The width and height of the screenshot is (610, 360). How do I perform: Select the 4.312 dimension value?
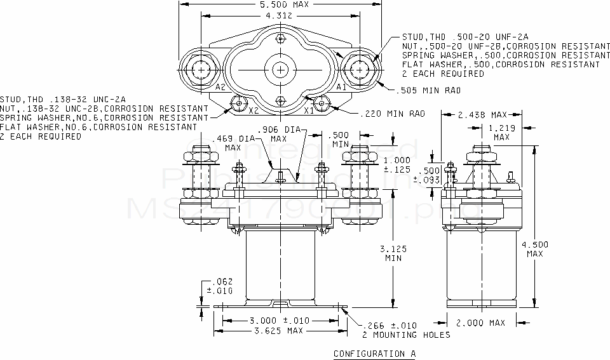coord(280,15)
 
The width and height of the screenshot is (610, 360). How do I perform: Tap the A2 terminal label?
coord(221,87)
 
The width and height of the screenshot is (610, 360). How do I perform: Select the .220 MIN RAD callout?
coord(392,114)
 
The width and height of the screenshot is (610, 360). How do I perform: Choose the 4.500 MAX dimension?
coord(535,248)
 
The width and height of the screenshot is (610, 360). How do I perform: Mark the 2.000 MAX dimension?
coord(481,323)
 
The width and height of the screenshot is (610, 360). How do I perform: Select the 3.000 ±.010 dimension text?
coord(279,320)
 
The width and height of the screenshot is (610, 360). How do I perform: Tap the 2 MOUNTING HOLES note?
coord(406,335)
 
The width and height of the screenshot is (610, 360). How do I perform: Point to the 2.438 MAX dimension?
coord(481,115)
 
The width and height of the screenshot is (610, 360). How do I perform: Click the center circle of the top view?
coord(281,69)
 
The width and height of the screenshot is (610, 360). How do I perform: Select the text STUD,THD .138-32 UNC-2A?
coord(63,100)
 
